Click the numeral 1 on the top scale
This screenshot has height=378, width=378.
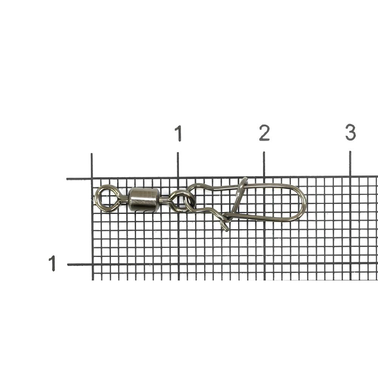click(178, 133)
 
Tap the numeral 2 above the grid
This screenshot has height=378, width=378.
click(264, 133)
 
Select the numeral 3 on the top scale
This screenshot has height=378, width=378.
click(351, 133)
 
